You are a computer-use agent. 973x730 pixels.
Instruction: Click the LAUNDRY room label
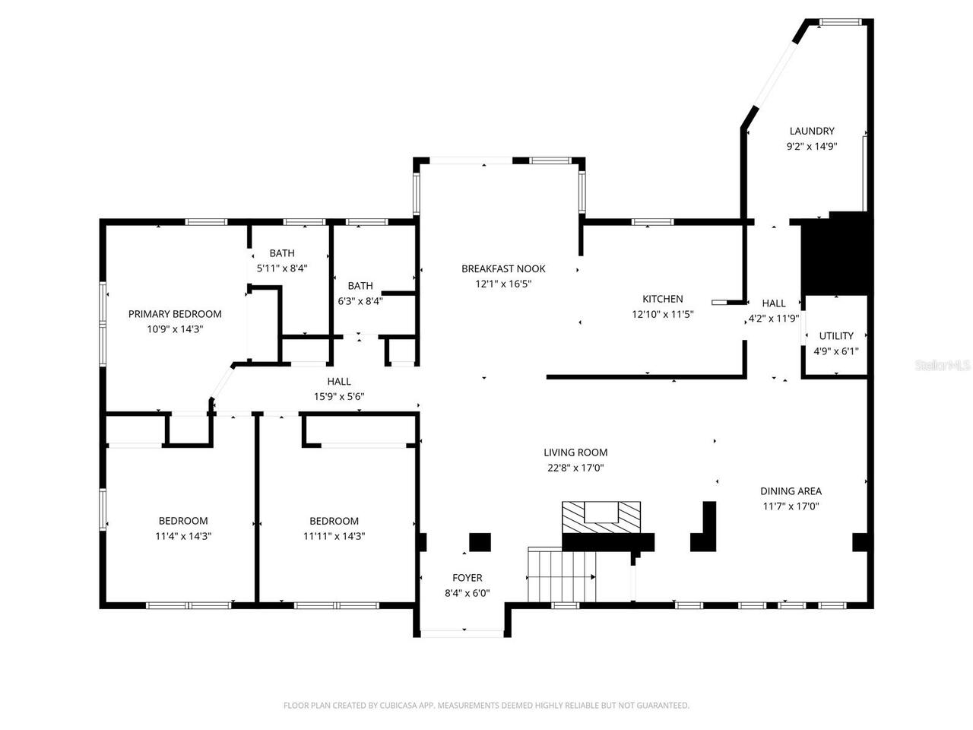click(811, 131)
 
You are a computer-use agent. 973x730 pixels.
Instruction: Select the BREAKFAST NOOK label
click(503, 268)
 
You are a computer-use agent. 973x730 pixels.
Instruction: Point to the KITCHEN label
click(662, 299)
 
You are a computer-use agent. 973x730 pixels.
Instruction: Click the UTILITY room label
click(835, 335)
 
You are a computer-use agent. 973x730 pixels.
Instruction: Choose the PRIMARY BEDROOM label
click(175, 314)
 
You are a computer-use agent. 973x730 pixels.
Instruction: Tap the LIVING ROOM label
click(575, 452)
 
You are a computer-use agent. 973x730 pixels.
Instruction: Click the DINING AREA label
click(791, 491)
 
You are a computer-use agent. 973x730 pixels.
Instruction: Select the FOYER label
click(467, 578)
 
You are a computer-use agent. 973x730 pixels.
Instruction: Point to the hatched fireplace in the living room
click(601, 517)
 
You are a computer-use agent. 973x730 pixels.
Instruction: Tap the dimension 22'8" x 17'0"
click(575, 468)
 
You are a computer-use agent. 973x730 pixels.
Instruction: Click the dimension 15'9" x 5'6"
click(339, 396)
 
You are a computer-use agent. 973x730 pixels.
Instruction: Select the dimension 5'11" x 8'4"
click(281, 268)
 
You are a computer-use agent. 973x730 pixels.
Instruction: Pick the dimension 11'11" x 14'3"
click(334, 536)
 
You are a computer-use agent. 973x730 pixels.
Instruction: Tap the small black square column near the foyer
click(480, 542)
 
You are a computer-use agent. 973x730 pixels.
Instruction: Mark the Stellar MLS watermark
click(943, 366)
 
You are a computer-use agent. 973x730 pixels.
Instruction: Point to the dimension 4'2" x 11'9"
click(773, 319)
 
